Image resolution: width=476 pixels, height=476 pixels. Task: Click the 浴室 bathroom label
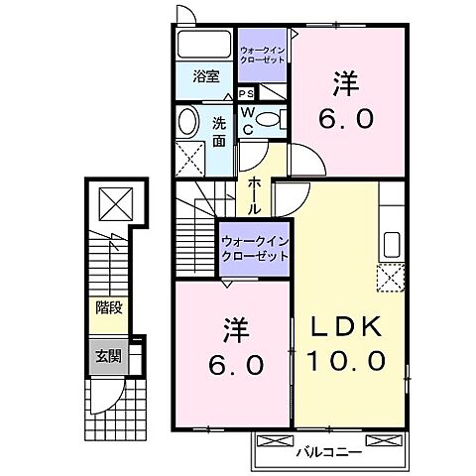coord(206,76)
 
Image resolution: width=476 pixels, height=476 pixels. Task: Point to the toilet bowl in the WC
coord(279,121)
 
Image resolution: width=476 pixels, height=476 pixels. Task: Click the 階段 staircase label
coord(108,308)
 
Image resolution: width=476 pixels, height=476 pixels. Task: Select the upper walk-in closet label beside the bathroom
coord(263,55)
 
